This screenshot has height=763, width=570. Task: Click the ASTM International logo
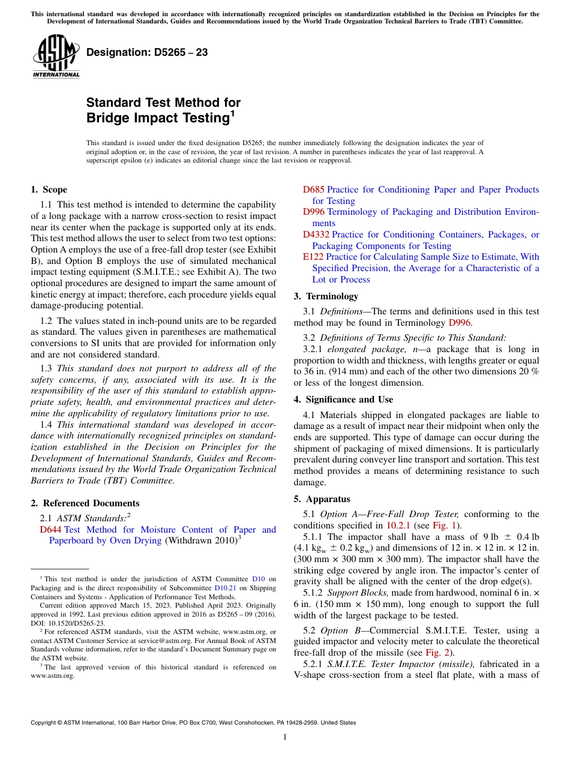[x=56, y=56]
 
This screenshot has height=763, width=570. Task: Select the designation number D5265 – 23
[x=147, y=52]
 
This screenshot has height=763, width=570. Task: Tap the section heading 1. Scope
[x=49, y=190]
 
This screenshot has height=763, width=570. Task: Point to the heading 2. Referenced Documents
[x=85, y=503]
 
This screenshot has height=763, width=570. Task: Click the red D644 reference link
[x=50, y=530]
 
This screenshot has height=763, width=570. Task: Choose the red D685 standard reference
[x=313, y=190]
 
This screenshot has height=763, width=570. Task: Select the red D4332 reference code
[x=316, y=235]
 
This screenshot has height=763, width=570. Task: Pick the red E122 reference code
[x=313, y=257]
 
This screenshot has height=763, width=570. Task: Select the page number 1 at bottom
[x=285, y=737]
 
